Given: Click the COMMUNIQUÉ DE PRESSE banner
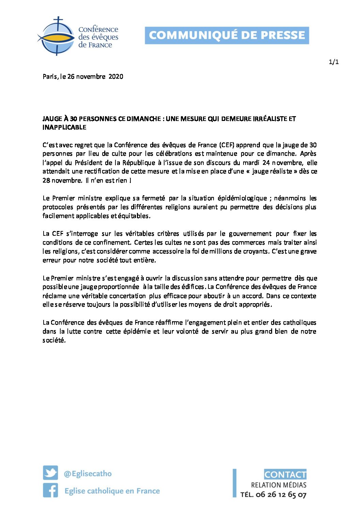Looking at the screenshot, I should (x=227, y=35).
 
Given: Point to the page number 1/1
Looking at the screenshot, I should (x=333, y=62).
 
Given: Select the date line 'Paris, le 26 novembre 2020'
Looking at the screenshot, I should (x=83, y=77).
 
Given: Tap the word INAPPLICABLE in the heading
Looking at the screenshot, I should (x=64, y=127).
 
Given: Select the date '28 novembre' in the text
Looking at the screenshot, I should (x=62, y=181).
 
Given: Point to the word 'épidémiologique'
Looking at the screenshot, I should (x=242, y=198).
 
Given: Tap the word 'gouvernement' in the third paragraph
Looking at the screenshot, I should (x=250, y=234).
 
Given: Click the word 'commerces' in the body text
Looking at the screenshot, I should (x=248, y=243).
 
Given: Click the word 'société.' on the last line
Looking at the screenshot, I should (x=54, y=340).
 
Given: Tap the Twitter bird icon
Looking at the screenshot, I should (x=50, y=473).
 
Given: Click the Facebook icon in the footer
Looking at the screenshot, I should (x=50, y=491).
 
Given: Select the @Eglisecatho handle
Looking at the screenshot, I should (x=88, y=474).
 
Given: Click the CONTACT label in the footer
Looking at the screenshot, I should (x=285, y=475).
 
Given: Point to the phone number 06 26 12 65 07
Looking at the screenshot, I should (x=281, y=495).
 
